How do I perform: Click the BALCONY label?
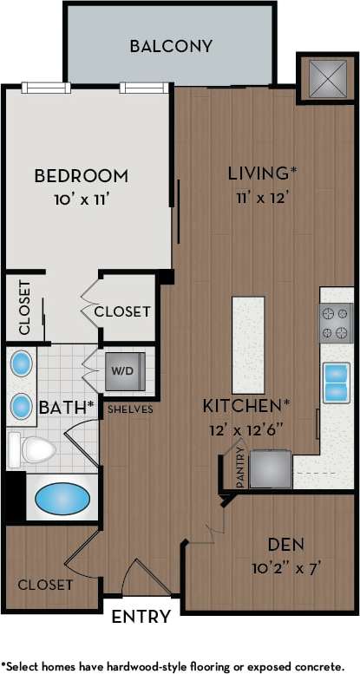(x=171, y=46)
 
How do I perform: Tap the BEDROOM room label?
(x=81, y=176)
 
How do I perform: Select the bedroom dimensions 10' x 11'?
(x=81, y=199)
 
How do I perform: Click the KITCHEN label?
(x=245, y=405)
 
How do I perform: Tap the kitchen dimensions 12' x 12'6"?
(x=245, y=428)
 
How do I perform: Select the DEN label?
(x=285, y=546)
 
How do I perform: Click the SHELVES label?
(x=130, y=409)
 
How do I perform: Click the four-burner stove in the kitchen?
(x=337, y=324)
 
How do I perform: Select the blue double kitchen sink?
(x=337, y=383)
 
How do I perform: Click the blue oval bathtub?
(x=62, y=500)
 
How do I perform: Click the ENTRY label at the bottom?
(x=141, y=618)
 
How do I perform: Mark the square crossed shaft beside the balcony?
(x=321, y=78)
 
